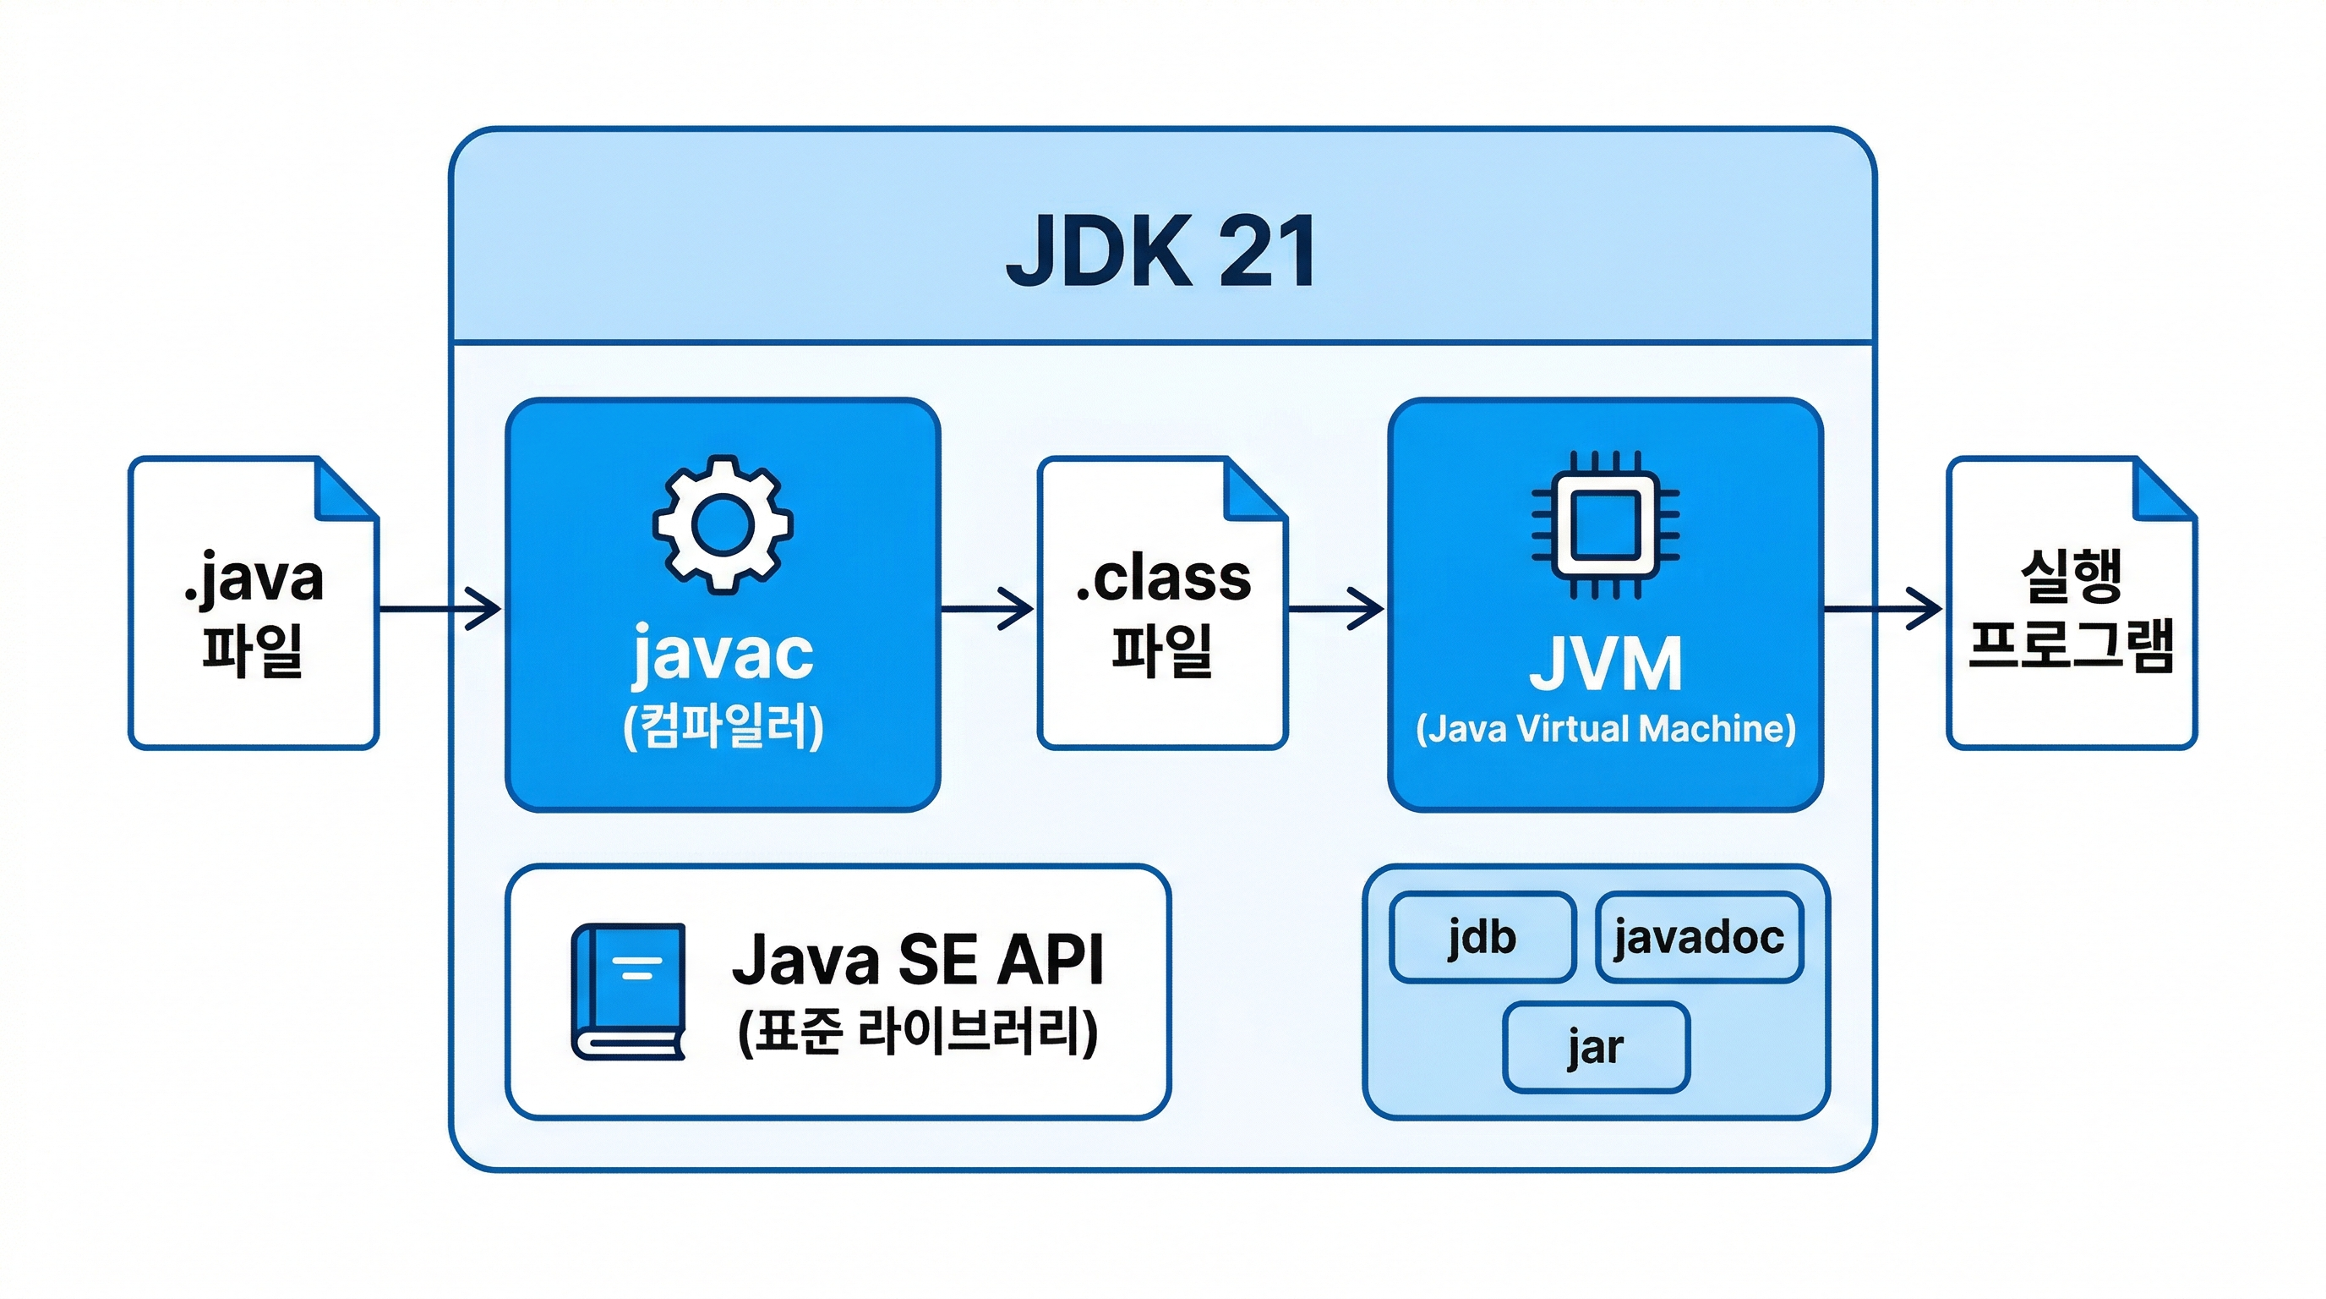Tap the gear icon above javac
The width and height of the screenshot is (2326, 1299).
723,524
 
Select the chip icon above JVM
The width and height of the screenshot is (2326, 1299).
1605,525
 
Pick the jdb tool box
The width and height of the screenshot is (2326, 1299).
1482,937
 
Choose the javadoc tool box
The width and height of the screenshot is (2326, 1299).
1699,937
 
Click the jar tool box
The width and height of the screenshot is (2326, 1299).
1596,1047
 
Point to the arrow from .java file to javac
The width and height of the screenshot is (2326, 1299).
440,609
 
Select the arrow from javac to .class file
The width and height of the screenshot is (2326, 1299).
987,609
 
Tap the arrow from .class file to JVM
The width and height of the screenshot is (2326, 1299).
1335,609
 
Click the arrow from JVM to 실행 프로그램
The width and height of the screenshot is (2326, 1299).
1882,609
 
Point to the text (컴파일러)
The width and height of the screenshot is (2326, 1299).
723,726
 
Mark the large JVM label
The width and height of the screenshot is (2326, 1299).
1605,665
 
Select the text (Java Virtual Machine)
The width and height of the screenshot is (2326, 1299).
1605,729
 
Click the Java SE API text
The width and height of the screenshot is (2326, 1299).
917,959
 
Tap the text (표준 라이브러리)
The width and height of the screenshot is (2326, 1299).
917,1032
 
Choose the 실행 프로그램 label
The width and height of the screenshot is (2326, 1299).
2072,611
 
